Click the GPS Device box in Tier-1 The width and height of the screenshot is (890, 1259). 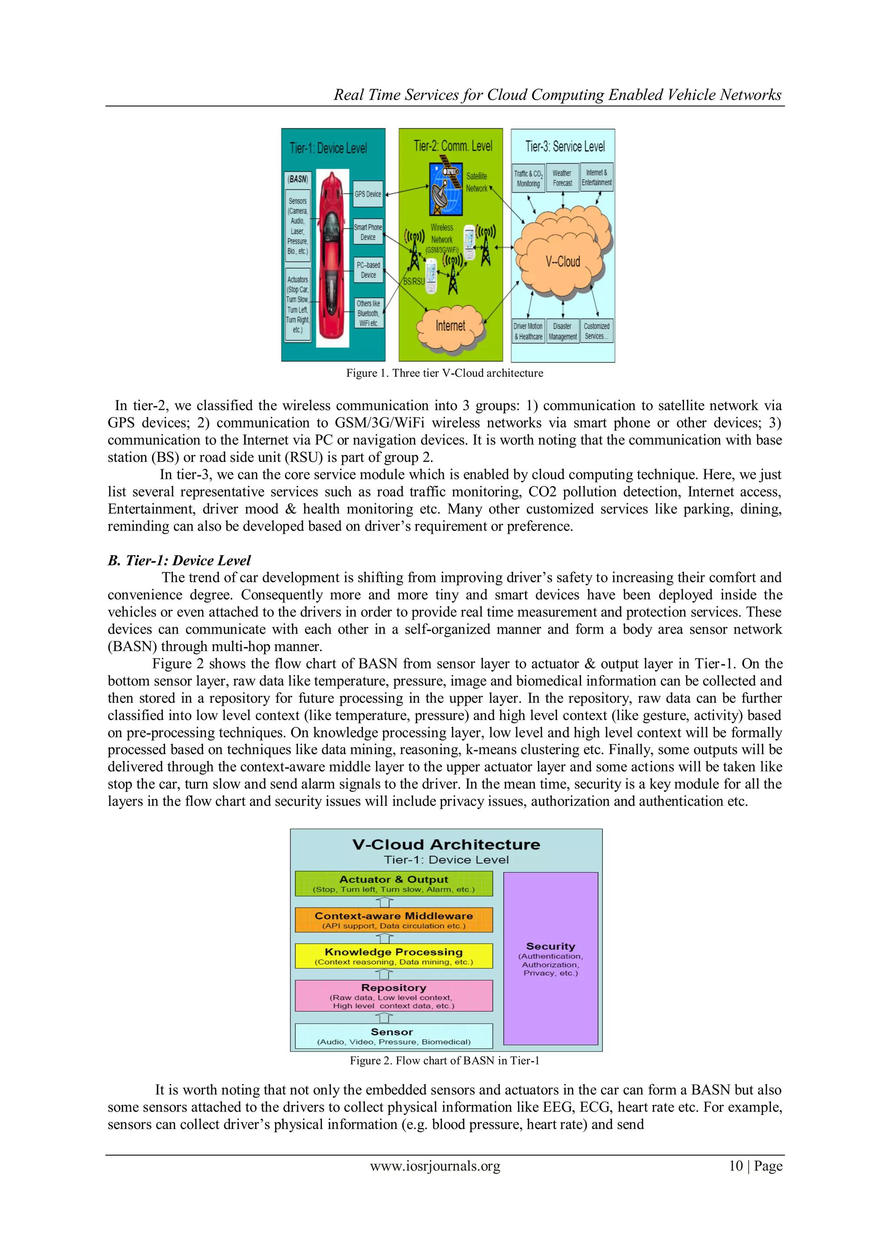[x=368, y=194]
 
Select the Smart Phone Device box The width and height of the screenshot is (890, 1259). [x=368, y=232]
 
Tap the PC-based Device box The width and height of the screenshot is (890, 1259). [x=368, y=270]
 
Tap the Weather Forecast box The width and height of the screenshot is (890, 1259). [x=562, y=178]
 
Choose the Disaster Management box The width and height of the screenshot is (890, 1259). [x=562, y=331]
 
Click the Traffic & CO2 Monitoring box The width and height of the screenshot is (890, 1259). [x=528, y=178]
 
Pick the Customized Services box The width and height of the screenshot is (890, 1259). [x=596, y=331]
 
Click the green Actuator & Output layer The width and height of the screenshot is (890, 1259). [x=393, y=883]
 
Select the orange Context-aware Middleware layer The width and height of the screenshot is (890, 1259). [x=393, y=920]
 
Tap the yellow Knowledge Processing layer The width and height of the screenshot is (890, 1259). [x=393, y=956]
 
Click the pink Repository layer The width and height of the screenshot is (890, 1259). [x=393, y=995]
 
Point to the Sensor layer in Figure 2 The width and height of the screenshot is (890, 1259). [x=393, y=1036]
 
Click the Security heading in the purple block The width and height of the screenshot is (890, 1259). [x=550, y=946]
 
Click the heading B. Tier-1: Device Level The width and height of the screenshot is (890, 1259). [x=179, y=561]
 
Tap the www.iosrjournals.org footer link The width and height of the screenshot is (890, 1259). [x=435, y=1166]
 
